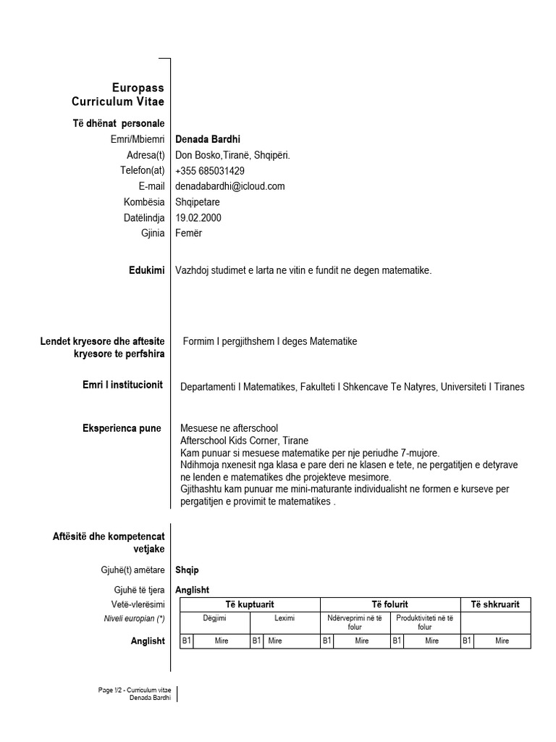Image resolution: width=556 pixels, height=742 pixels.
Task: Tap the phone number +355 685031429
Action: tap(210, 171)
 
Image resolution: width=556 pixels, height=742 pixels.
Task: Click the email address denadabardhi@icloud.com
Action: tap(230, 186)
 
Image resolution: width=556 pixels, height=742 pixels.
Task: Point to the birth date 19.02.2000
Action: tap(198, 217)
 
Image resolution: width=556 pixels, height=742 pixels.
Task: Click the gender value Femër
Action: tap(189, 233)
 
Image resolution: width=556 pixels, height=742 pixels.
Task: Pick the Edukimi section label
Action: tap(146, 271)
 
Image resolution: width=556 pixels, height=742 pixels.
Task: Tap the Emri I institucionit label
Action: tap(123, 385)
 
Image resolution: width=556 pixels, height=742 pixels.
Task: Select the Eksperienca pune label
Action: tap(122, 429)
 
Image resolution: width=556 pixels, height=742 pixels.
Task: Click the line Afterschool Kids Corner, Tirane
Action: tap(244, 441)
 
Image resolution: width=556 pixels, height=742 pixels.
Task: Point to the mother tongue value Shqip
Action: tap(188, 570)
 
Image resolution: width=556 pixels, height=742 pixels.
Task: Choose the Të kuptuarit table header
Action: tap(249, 605)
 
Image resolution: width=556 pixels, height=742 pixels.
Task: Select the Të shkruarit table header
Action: tap(495, 605)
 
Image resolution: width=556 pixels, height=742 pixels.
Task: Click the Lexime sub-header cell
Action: tap(285, 618)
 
